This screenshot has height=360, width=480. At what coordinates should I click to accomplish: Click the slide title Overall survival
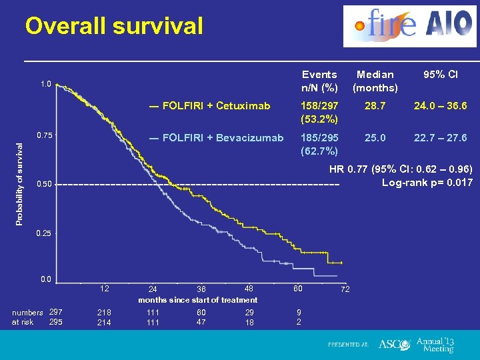pyautogui.click(x=113, y=26)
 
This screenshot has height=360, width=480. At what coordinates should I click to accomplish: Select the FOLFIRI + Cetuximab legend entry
pyautogui.click(x=210, y=105)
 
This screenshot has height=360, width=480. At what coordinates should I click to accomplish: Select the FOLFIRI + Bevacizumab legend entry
pyautogui.click(x=217, y=138)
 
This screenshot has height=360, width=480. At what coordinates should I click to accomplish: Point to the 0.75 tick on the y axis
pyautogui.click(x=45, y=135)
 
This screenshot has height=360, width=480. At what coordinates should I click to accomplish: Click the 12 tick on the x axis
pyautogui.click(x=104, y=288)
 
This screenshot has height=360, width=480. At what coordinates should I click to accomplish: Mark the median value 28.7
pyautogui.click(x=375, y=105)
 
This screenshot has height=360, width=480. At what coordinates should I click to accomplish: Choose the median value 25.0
pyautogui.click(x=375, y=138)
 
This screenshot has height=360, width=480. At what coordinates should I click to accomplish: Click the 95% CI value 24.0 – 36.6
pyautogui.click(x=440, y=105)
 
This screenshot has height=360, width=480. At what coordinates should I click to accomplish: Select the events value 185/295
pyautogui.click(x=319, y=138)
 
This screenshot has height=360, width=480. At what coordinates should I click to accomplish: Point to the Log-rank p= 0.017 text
pyautogui.click(x=427, y=182)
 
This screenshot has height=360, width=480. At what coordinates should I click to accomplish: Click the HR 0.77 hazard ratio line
pyautogui.click(x=401, y=169)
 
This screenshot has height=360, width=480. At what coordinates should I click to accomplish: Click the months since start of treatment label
pyautogui.click(x=197, y=300)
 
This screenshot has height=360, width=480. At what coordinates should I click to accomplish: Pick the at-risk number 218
pyautogui.click(x=104, y=312)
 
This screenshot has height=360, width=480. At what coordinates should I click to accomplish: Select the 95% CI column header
pyautogui.click(x=440, y=75)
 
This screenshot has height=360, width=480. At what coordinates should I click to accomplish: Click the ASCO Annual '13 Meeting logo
pyautogui.click(x=417, y=344)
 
